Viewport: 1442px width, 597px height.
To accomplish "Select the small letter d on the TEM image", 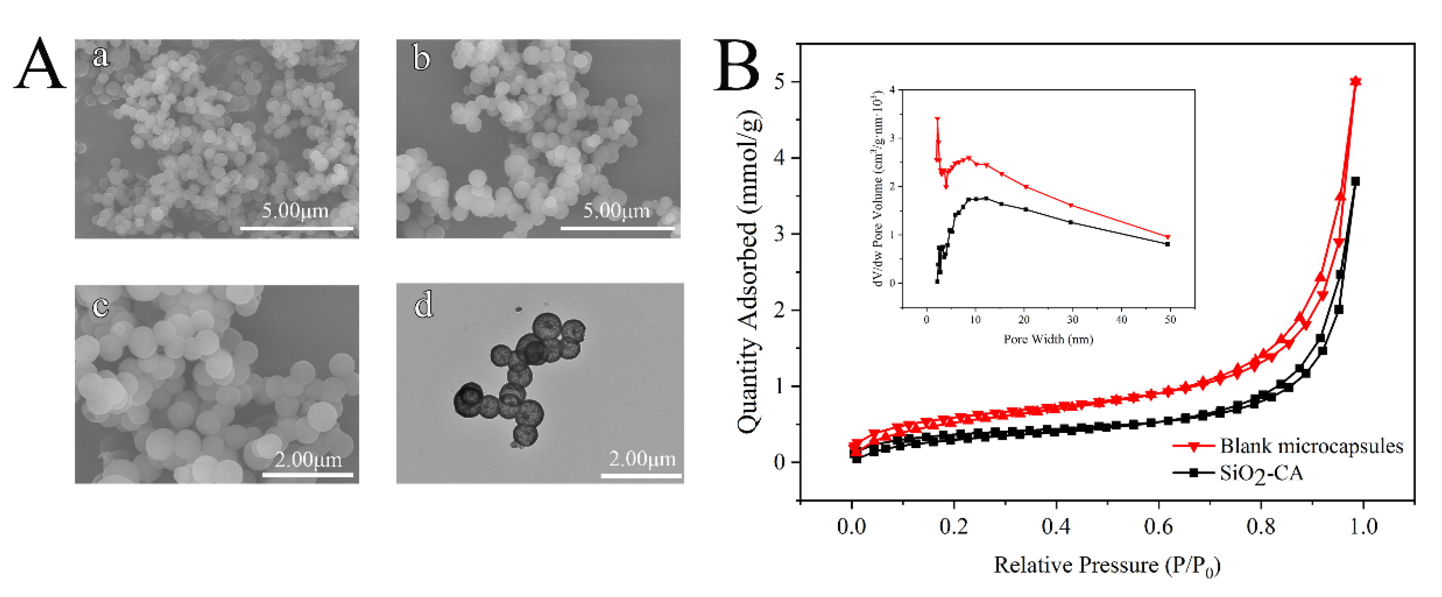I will (424, 305).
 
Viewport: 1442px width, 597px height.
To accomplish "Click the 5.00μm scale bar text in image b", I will (616, 211).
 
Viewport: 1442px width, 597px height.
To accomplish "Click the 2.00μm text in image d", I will (642, 459).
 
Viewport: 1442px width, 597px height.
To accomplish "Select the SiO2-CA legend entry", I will (1261, 473).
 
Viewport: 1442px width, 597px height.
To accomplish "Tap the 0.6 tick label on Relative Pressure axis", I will (1158, 527).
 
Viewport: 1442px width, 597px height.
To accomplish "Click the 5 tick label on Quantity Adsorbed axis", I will (779, 82).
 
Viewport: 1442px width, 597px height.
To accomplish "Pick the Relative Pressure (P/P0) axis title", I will (1107, 566).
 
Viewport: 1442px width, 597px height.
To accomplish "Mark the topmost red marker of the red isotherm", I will (1355, 82).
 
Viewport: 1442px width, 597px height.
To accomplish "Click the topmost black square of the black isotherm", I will (1355, 181).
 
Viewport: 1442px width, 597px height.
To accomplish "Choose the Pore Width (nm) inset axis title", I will (1048, 339).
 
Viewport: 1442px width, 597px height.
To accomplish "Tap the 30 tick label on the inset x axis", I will (1073, 320).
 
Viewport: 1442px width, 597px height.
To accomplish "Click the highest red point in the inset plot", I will (938, 119).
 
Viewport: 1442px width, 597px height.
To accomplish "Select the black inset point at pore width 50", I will (1167, 244).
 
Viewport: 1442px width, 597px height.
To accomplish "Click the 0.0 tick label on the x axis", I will (851, 527).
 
